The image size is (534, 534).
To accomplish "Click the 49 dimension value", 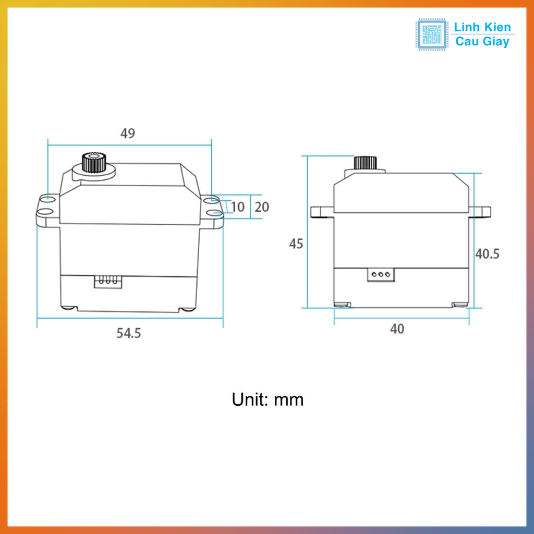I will click(128, 133).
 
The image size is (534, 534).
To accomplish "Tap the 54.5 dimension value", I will click(128, 333).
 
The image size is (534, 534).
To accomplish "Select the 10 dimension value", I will click(237, 207).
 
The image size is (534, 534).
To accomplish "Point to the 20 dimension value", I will click(262, 207).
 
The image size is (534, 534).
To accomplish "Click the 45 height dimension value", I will click(296, 244).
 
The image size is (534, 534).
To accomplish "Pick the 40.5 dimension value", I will click(488, 254).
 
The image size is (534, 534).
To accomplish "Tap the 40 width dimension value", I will click(397, 329).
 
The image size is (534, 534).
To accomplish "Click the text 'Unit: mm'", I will click(268, 400).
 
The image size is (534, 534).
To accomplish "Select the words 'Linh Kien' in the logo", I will click(483, 27).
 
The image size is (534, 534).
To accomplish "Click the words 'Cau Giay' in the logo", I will click(482, 42).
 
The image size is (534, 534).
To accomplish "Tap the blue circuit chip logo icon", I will click(432, 34).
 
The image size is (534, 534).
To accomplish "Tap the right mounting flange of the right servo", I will click(482, 211).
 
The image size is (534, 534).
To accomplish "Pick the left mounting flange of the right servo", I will click(322, 211).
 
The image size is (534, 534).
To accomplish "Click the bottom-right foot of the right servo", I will click(459, 305).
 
